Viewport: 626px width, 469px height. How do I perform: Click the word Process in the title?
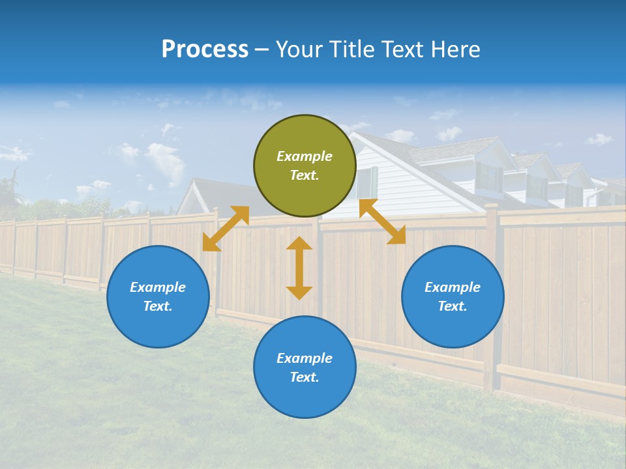pyautogui.click(x=205, y=50)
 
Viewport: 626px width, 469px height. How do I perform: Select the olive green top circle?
pyautogui.click(x=305, y=166)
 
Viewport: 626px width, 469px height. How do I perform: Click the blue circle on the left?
pyautogui.click(x=158, y=296)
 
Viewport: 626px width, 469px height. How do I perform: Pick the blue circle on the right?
pyautogui.click(x=453, y=296)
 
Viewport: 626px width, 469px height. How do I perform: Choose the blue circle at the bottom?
pyautogui.click(x=305, y=367)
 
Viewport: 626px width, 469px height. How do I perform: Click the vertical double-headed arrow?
pyautogui.click(x=299, y=268)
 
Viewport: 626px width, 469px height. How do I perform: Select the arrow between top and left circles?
pyautogui.click(x=226, y=228)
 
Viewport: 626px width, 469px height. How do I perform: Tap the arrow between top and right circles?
pyautogui.click(x=383, y=221)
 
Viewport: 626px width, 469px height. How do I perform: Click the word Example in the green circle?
pyautogui.click(x=305, y=156)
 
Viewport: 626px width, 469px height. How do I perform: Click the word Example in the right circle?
pyautogui.click(x=453, y=287)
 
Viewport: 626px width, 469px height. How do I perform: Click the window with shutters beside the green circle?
pyautogui.click(x=367, y=182)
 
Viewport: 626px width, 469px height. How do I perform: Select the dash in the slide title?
pyautogui.click(x=261, y=50)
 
